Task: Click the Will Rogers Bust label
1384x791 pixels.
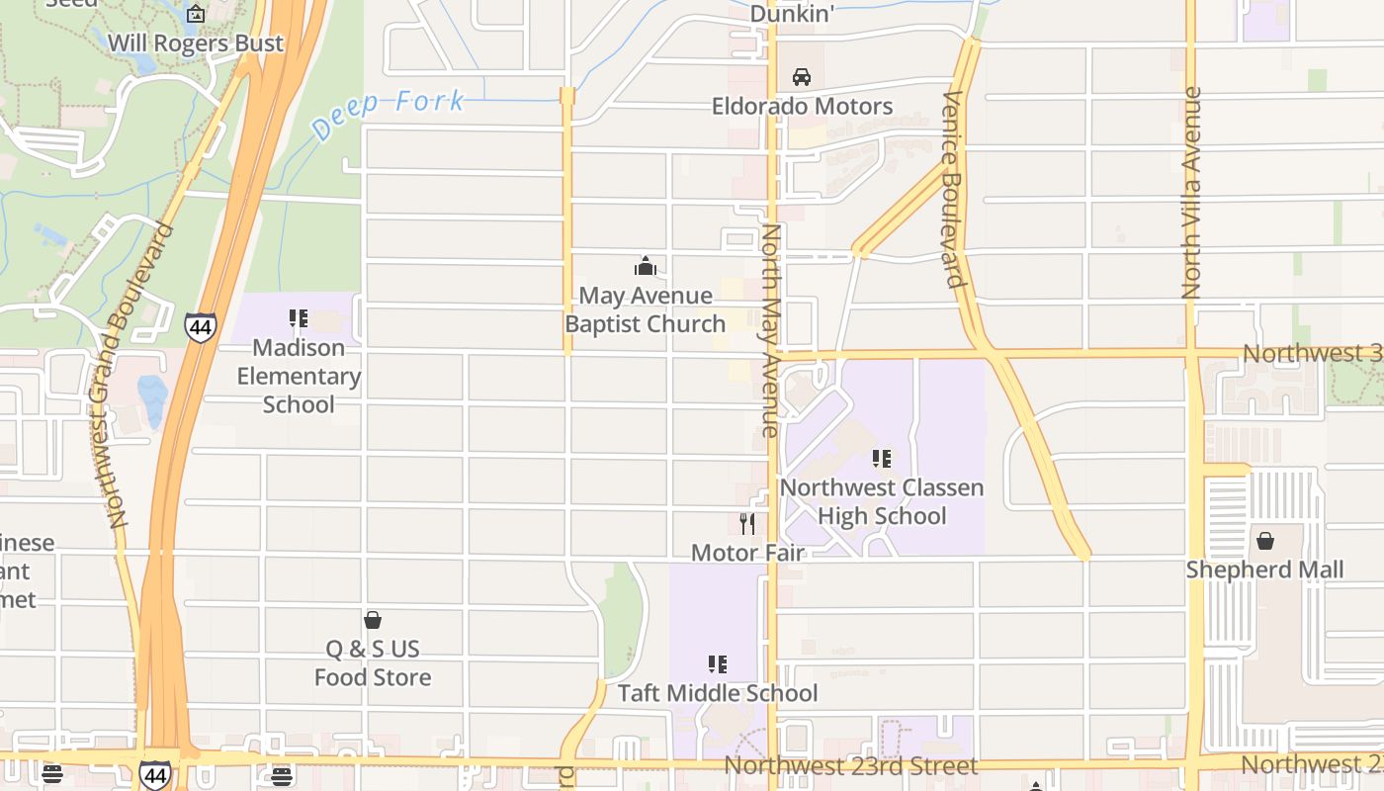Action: pos(195,44)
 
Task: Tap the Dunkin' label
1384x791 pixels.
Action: pos(793,14)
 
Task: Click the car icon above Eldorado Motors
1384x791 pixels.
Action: pos(802,77)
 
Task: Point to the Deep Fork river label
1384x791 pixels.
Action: pos(388,114)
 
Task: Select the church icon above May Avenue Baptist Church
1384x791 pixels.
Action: pos(646,266)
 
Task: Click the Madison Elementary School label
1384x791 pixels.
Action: pos(299,376)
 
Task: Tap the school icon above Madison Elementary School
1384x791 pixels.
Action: pos(299,318)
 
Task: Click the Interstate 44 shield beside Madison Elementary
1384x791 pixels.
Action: pos(201,326)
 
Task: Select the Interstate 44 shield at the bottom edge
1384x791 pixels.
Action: pos(155,773)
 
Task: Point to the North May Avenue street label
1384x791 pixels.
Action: pos(771,330)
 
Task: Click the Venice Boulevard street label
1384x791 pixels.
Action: pos(953,189)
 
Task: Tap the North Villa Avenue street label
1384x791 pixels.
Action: pos(1192,193)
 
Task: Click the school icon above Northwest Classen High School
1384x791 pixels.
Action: pos(882,459)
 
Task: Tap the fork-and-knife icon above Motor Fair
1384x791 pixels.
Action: pos(747,523)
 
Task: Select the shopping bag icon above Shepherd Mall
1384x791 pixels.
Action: pos(1264,541)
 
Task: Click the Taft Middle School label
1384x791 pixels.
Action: pos(718,693)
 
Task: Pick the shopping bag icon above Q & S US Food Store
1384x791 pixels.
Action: pos(373,620)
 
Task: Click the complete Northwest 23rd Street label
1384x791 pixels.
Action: pos(851,766)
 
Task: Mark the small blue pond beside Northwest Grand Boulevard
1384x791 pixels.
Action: pos(152,399)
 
